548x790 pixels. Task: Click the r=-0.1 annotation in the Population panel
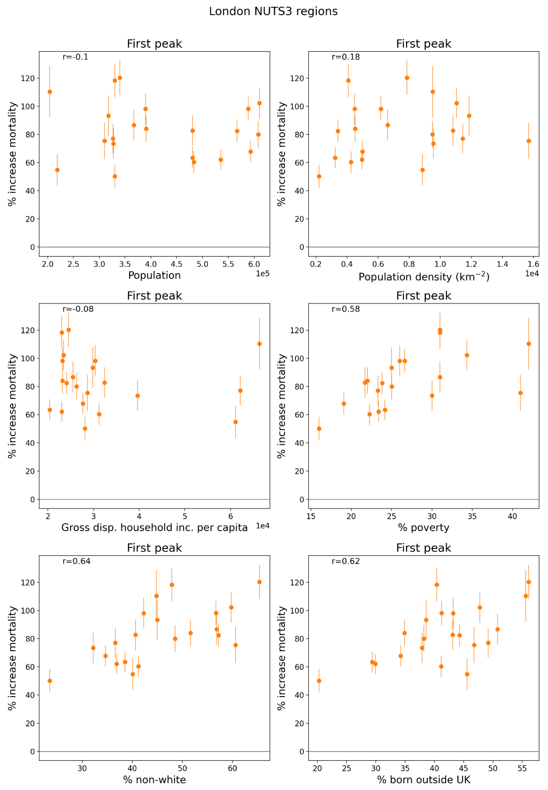pos(75,57)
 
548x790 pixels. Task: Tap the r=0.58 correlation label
pos(345,309)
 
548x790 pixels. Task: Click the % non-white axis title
pos(155,780)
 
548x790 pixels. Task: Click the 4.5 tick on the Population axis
pos(177,264)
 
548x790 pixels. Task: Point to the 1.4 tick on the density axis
pos(502,264)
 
